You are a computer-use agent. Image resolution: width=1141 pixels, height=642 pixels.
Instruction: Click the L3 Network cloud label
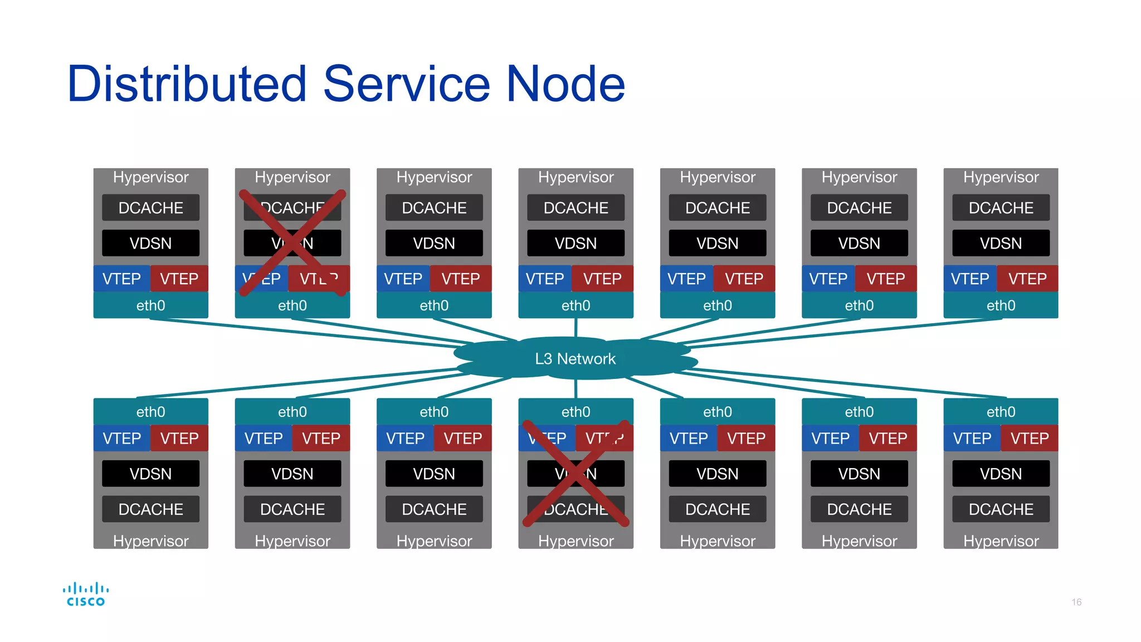pos(575,358)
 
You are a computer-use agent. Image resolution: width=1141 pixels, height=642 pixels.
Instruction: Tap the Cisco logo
pos(85,594)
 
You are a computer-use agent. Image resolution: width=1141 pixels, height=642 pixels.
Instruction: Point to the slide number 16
pos(1076,602)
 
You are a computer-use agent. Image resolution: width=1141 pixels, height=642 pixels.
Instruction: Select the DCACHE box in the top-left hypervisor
pos(150,208)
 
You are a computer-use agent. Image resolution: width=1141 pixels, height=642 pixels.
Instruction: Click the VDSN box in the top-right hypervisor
pos(1001,244)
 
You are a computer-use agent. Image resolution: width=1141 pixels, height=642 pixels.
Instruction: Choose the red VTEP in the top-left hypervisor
pos(179,279)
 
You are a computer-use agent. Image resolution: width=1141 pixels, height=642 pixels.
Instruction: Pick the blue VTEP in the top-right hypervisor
pos(969,279)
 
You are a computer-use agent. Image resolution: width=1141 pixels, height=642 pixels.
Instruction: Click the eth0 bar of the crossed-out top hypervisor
pos(292,305)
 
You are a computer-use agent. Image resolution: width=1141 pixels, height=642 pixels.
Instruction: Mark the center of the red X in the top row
pos(292,242)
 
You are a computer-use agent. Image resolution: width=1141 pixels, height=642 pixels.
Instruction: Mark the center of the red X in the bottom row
pos(576,474)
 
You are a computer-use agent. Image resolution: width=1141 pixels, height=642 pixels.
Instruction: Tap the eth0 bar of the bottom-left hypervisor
pos(150,412)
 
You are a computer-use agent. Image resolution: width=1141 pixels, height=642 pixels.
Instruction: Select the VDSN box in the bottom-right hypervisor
pos(1001,474)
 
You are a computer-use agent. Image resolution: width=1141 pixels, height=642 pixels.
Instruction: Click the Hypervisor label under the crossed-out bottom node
pos(576,541)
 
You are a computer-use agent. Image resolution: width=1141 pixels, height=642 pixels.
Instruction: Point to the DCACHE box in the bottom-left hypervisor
pos(150,509)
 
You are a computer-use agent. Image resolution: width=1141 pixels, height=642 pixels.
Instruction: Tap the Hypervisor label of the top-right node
pos(1001,177)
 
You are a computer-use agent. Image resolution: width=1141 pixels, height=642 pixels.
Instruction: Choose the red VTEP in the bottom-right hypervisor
pos(1030,439)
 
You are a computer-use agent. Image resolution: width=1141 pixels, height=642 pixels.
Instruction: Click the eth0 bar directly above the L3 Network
pos(576,305)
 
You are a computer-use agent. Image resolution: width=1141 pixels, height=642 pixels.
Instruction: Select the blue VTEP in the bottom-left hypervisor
pos(121,439)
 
